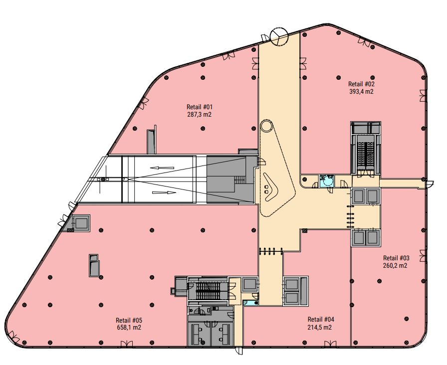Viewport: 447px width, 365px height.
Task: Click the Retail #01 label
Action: [200, 107]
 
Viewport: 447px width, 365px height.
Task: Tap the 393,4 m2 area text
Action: [361, 91]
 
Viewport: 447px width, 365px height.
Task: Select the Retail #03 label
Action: [396, 258]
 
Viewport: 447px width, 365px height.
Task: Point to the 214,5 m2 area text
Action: [320, 328]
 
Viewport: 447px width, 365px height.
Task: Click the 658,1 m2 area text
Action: [129, 328]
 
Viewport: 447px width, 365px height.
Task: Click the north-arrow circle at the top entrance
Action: [279, 36]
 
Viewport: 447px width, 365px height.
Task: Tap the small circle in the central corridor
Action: [267, 126]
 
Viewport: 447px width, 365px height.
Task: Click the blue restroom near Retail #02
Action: [327, 181]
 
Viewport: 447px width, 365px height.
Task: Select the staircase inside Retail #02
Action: [365, 154]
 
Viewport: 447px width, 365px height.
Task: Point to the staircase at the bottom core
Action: [208, 291]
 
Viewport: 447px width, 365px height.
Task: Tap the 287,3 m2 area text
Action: [200, 115]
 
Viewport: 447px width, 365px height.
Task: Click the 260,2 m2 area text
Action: [395, 266]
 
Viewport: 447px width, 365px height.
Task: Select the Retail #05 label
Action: [129, 320]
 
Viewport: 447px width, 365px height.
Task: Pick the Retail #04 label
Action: [321, 320]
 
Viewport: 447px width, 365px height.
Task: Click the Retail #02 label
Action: [361, 84]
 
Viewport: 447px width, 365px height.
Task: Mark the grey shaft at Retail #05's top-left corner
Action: [81, 223]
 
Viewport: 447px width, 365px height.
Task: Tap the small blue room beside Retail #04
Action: [250, 303]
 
